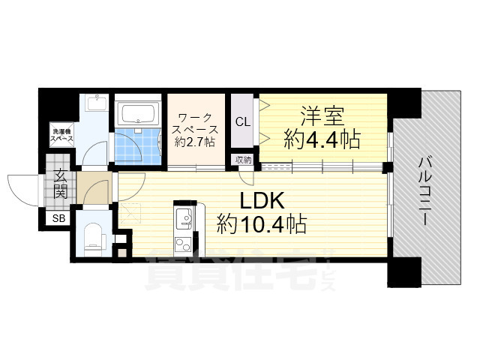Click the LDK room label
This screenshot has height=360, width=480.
(261, 200)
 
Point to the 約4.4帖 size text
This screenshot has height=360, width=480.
(322, 139)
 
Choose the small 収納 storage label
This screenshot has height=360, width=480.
(243, 159)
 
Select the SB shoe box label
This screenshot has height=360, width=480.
(58, 218)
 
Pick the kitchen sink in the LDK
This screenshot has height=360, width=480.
(183, 220)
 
